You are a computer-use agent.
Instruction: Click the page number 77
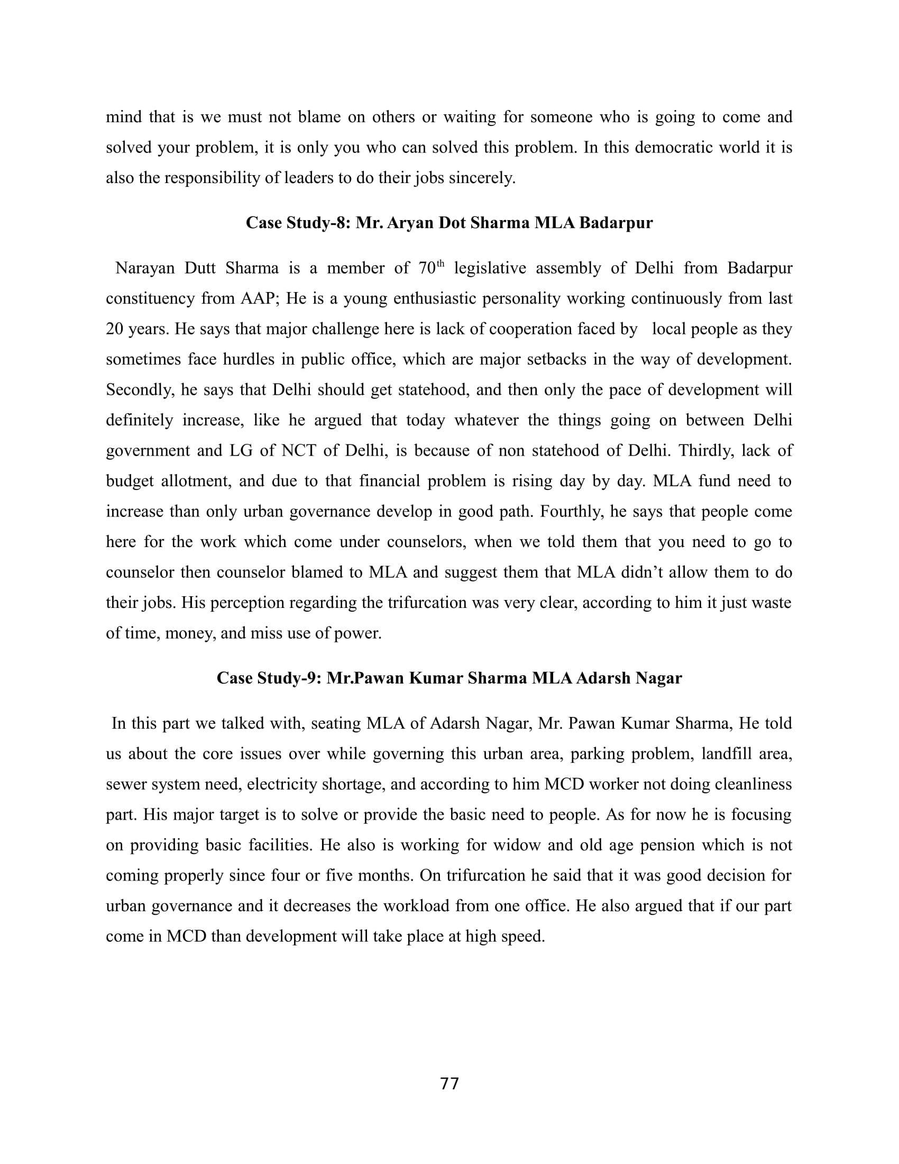pyautogui.click(x=449, y=1084)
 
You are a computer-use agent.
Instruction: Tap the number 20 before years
pyautogui.click(x=115, y=329)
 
